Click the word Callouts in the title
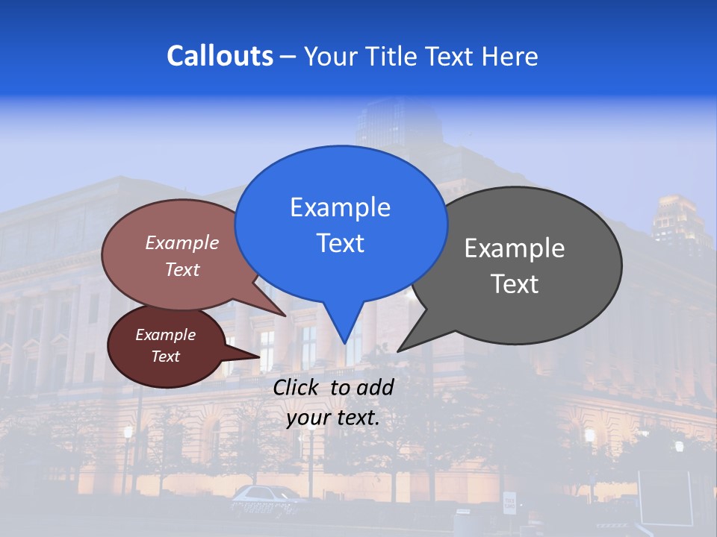pos(220,56)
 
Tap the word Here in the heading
pos(511,56)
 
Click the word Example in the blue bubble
pos(340,207)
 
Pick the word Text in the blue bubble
pos(340,243)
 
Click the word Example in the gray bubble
pos(515,248)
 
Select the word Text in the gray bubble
pos(515,284)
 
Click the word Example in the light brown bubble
pos(182,242)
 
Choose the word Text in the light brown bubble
pos(182,269)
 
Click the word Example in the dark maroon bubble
pos(165,335)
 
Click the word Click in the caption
pos(297,387)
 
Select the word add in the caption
pos(375,387)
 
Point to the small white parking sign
pos(509,503)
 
